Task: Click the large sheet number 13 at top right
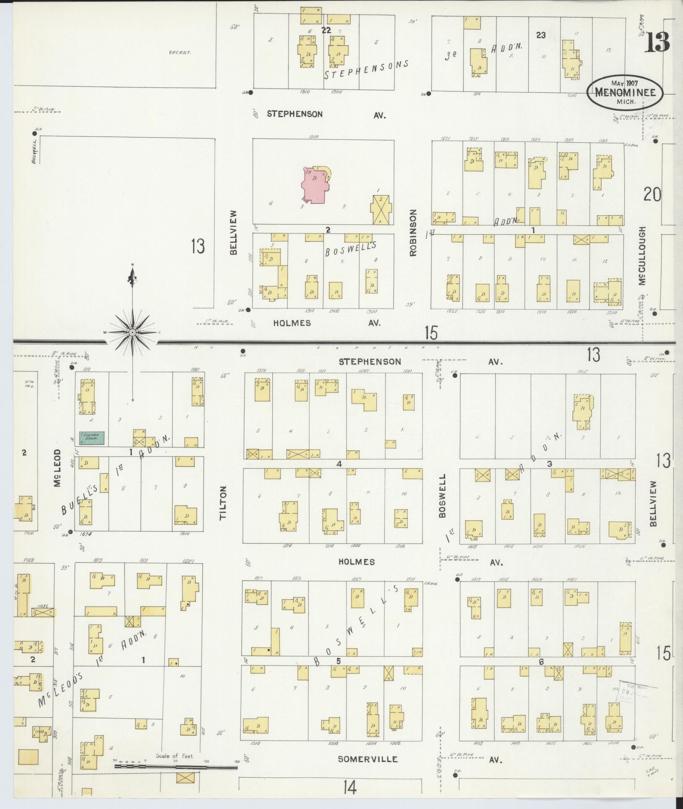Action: (657, 42)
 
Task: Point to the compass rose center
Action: (133, 333)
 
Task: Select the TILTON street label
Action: (223, 503)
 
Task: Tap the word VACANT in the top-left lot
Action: (180, 53)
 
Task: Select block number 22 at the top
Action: (326, 30)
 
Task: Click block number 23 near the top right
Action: (540, 36)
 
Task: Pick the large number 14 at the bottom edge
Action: (349, 789)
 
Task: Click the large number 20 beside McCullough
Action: (652, 195)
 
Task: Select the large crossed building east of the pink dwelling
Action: (381, 209)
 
